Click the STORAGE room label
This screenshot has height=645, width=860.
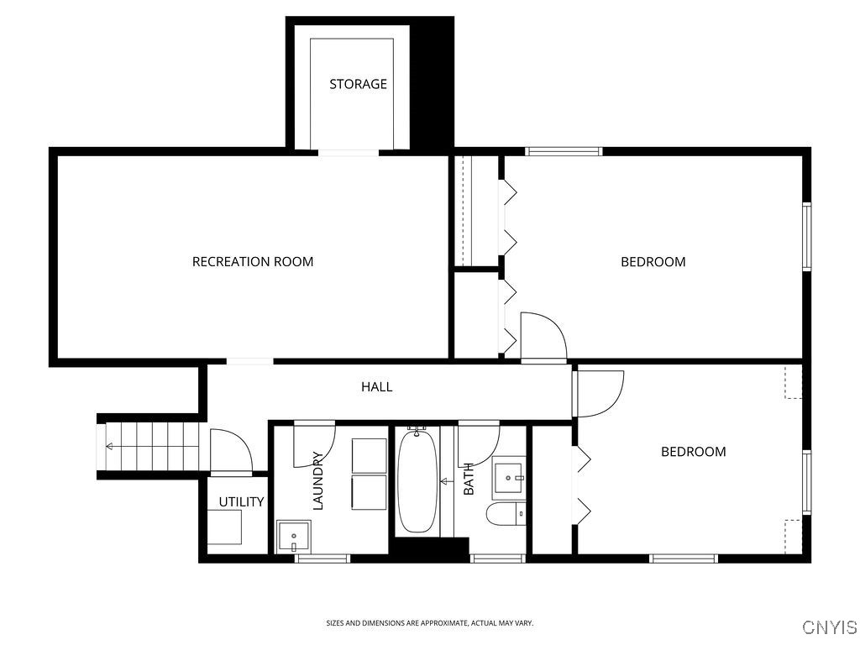tap(358, 84)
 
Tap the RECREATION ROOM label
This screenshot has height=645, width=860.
tap(253, 261)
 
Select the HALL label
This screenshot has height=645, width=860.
tap(376, 387)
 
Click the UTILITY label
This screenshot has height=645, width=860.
tap(241, 502)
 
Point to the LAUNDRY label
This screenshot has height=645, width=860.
tap(317, 481)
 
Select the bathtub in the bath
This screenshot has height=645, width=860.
tap(417, 481)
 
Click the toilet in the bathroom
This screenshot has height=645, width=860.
tap(506, 513)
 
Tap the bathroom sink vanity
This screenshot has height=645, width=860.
tap(509, 476)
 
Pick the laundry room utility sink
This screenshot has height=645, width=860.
tap(293, 535)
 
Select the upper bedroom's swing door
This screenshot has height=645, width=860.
tap(542, 336)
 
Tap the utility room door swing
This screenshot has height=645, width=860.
tap(229, 452)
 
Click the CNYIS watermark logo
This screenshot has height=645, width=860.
tap(829, 627)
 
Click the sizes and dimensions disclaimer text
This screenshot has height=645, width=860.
tap(429, 623)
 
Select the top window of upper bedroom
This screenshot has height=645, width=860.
tap(564, 152)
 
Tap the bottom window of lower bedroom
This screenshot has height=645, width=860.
tap(684, 558)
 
